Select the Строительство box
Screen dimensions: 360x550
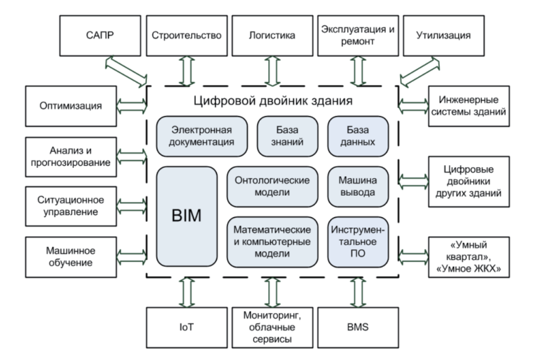pyautogui.click(x=186, y=36)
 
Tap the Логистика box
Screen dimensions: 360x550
pyautogui.click(x=271, y=36)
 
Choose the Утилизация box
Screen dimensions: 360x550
pyautogui.click(x=443, y=36)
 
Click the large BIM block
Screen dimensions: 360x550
pyautogui.click(x=187, y=216)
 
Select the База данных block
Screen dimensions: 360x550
pyautogui.click(x=358, y=136)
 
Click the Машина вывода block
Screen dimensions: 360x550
pyautogui.click(x=358, y=186)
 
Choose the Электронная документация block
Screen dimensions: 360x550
pyautogui.click(x=202, y=136)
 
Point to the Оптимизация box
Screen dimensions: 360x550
pyautogui.click(x=69, y=105)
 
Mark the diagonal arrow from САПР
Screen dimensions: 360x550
pyautogui.click(x=127, y=71)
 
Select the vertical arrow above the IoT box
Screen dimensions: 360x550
pyautogui.click(x=187, y=293)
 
